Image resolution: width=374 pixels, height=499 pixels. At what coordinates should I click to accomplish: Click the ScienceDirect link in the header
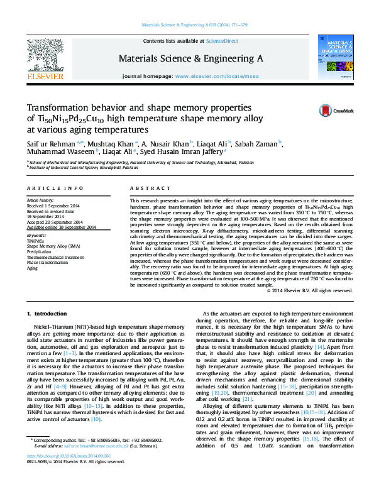coord(224,41)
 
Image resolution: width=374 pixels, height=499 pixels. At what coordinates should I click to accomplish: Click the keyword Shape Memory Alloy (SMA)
coord(53,245)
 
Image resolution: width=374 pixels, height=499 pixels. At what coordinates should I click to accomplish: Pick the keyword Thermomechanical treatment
coord(56,256)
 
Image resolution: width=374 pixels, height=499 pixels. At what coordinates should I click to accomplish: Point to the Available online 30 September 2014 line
coord(61,227)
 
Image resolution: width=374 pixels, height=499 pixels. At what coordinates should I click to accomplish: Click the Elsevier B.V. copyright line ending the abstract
coord(310,290)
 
